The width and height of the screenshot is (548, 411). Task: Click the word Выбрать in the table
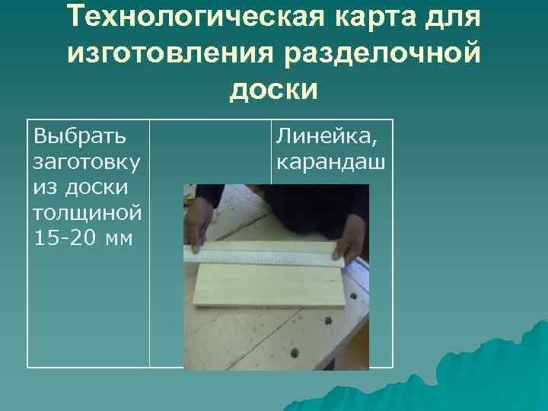pyautogui.click(x=80, y=137)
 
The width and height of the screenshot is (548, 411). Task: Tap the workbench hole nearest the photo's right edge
pyautogui.click(x=353, y=294)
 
